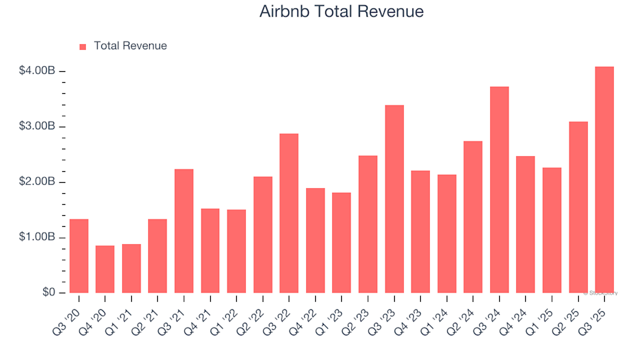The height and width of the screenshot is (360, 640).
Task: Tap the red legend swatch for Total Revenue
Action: [83, 47]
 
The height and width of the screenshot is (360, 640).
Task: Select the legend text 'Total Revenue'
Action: [130, 46]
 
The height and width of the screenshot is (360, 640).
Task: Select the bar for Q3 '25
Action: [604, 180]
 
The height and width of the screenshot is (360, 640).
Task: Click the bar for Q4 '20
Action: [105, 269]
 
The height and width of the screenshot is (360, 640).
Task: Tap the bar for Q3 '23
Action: [394, 199]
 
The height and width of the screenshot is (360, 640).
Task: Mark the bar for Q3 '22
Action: [289, 213]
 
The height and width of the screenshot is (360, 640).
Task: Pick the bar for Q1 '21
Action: [131, 269]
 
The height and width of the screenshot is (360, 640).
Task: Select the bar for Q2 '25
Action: [578, 207]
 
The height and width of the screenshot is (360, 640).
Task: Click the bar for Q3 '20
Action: [79, 256]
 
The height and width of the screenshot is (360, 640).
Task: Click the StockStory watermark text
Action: [601, 293]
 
